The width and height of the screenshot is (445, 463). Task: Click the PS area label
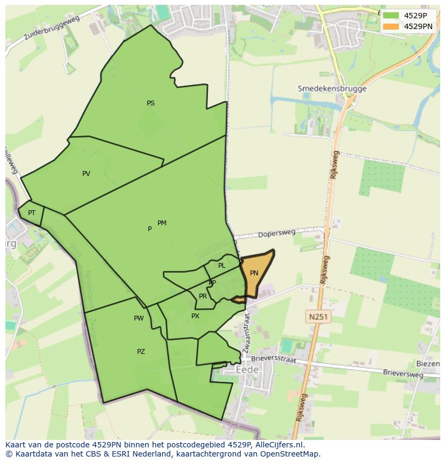click(150, 103)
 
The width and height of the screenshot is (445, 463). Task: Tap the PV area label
click(86, 174)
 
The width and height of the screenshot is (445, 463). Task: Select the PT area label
click(32, 213)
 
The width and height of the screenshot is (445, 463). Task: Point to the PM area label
click(162, 223)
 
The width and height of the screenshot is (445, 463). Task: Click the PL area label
click(221, 266)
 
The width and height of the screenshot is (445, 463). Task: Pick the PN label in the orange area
click(254, 273)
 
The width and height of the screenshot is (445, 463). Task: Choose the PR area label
click(203, 296)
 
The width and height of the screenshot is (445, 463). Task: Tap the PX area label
click(195, 316)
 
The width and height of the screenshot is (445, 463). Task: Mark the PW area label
click(139, 318)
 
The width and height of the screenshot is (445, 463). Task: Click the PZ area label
click(141, 352)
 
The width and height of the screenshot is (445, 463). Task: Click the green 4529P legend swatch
click(391, 16)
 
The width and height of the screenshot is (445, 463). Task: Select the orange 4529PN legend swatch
click(391, 26)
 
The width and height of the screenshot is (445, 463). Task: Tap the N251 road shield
click(318, 317)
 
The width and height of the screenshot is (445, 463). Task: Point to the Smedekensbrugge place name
click(332, 89)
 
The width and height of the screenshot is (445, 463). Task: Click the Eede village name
click(247, 370)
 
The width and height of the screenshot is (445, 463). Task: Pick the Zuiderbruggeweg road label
click(52, 29)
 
